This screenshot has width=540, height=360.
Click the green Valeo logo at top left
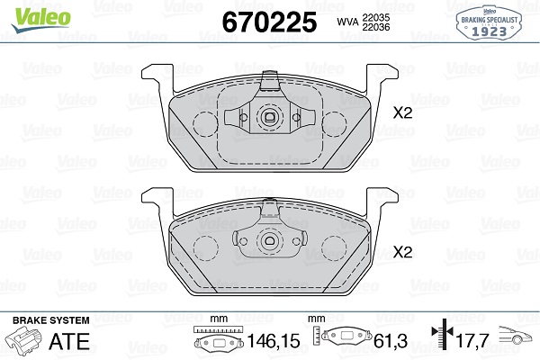41,19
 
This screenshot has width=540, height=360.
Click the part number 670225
269,22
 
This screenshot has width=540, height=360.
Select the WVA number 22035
375,17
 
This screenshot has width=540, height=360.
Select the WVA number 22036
375,27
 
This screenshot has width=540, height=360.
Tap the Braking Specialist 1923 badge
489,22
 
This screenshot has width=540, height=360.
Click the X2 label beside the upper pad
402,112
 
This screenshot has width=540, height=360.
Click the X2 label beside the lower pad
402,252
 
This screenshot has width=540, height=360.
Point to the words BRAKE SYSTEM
51,320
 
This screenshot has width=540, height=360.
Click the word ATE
69,341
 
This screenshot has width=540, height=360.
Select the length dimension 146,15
274,341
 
